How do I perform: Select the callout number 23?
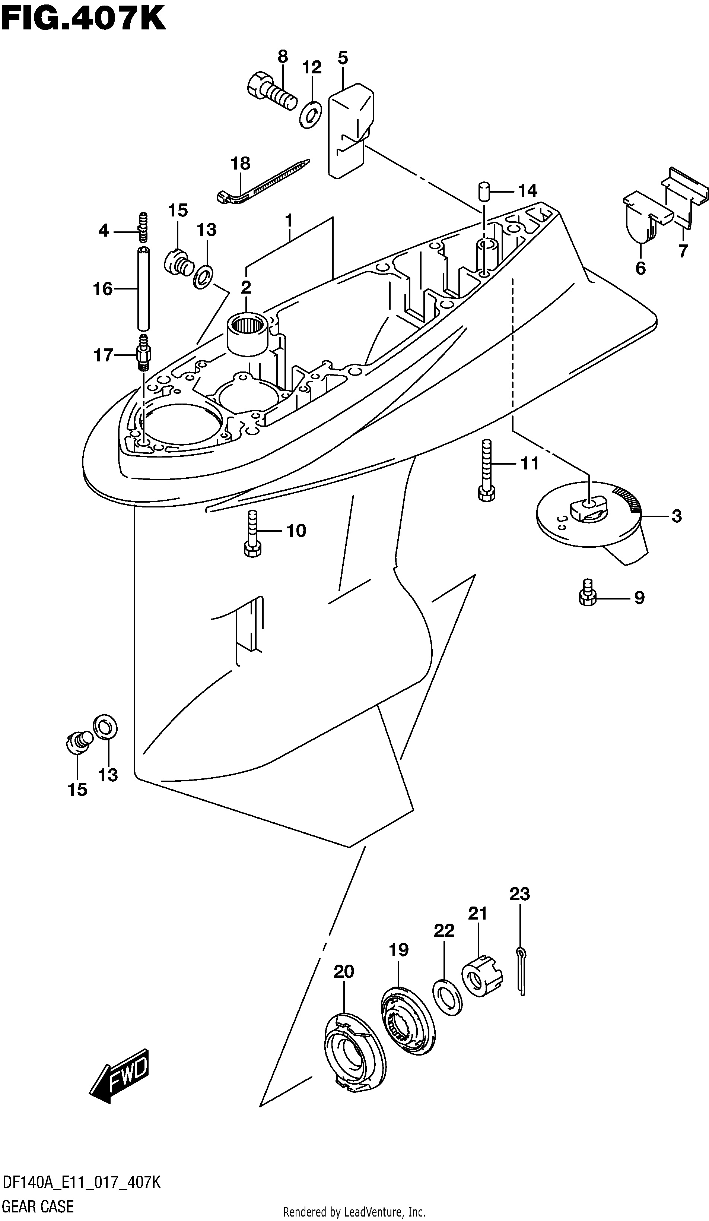(x=519, y=893)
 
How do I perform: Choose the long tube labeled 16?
(x=142, y=288)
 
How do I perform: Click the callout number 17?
(x=103, y=355)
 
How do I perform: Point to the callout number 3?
(x=676, y=516)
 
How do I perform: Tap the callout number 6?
(x=640, y=268)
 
